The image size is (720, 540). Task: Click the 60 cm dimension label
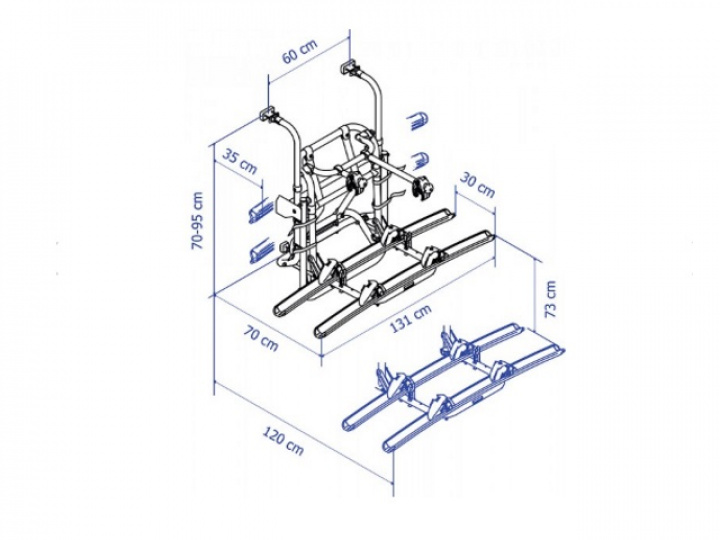click(x=299, y=52)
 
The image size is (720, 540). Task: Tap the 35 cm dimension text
click(x=240, y=161)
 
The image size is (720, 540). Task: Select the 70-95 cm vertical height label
click(x=197, y=221)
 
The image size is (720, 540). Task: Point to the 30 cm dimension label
click(x=478, y=185)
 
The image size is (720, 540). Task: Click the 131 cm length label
click(x=411, y=319)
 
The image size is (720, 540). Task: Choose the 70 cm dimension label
click(x=261, y=338)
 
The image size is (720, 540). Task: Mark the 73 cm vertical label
click(x=550, y=299)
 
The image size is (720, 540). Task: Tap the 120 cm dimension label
click(x=283, y=441)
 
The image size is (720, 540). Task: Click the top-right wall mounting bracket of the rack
click(x=350, y=67)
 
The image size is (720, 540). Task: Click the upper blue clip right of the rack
click(x=418, y=121)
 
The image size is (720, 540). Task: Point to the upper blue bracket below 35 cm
click(x=260, y=211)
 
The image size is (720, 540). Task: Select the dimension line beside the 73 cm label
click(x=536, y=294)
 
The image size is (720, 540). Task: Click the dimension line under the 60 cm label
click(x=309, y=62)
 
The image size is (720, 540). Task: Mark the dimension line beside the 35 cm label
click(x=238, y=170)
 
